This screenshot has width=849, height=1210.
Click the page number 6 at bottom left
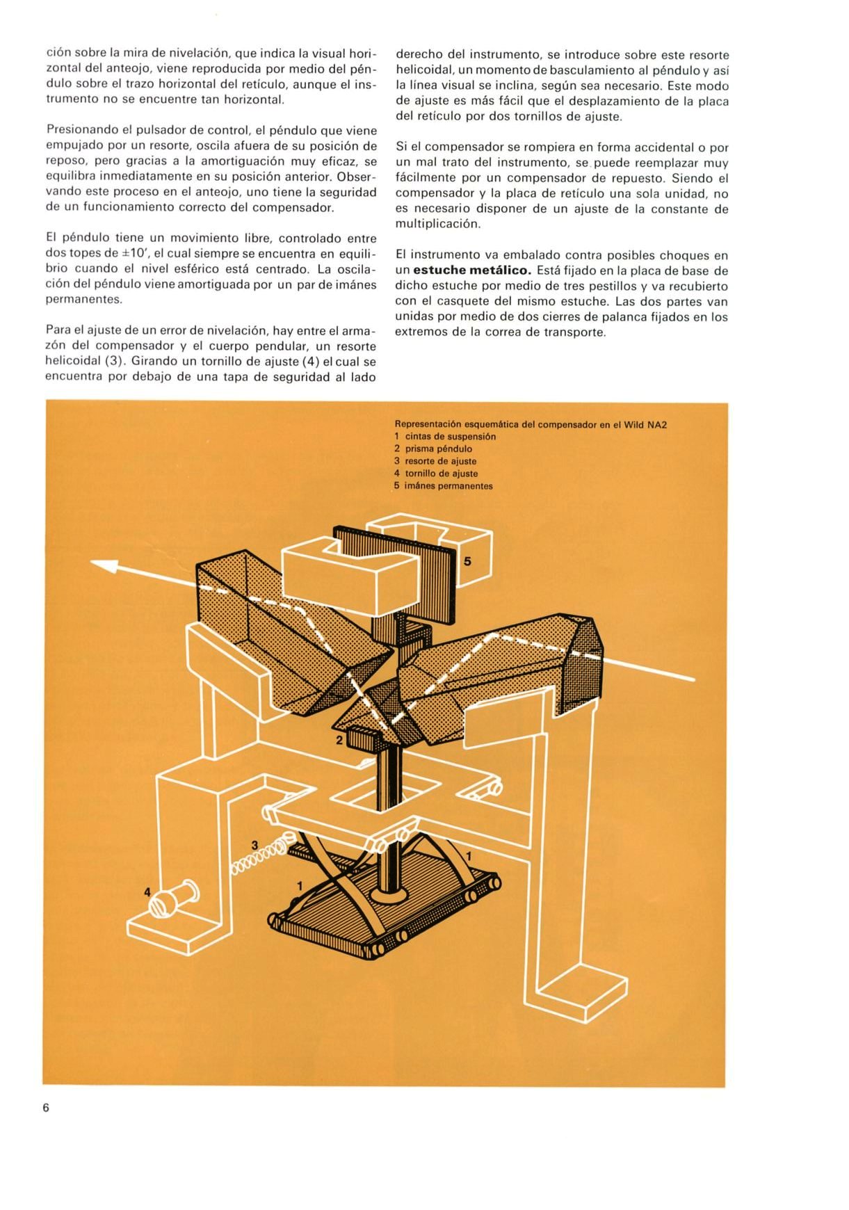[x=47, y=1108]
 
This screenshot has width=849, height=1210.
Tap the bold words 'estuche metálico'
[x=472, y=271]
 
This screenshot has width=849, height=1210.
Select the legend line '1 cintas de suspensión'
[x=445, y=437]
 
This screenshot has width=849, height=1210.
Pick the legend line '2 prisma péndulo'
[x=433, y=449]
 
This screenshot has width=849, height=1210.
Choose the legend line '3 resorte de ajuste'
[x=435, y=461]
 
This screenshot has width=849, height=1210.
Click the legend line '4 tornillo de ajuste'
[x=436, y=474]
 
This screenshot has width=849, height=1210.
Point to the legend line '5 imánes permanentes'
[x=443, y=486]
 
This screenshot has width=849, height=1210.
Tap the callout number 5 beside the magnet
[x=467, y=560]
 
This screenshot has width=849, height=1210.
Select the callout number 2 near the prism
[x=339, y=740]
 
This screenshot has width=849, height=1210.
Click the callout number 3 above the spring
[x=254, y=845]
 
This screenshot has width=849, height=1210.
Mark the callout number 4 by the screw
[x=147, y=892]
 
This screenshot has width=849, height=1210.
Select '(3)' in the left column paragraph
[x=113, y=361]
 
